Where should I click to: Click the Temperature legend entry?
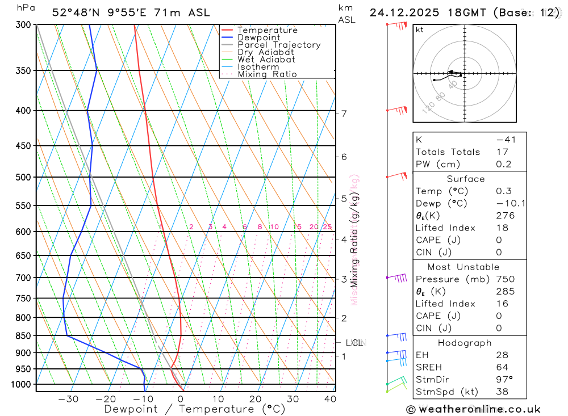267,30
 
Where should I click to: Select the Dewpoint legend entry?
258,37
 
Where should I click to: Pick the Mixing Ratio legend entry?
267,74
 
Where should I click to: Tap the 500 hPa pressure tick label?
23,177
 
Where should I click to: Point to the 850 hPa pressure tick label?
23,335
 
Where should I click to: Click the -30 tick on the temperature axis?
68,399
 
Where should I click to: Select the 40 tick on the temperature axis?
329,399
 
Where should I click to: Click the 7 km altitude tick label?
344,114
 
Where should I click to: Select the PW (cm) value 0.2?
503,165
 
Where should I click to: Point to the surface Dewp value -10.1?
507,203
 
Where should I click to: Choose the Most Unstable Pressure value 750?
505,279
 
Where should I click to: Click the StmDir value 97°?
504,379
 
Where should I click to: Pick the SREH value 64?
502,367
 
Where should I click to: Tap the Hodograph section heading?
465,343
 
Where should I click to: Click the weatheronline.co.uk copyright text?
473,409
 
